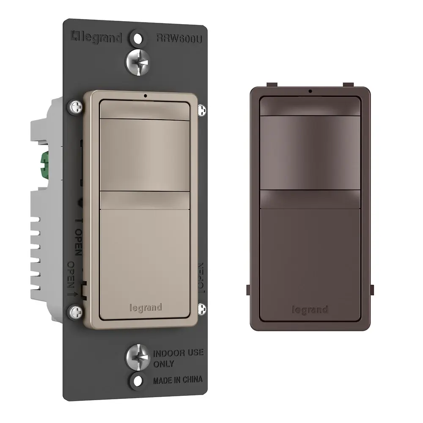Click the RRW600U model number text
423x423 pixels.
click(179, 38)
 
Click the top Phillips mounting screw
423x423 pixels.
click(137, 62)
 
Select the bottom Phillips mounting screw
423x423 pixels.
click(137, 357)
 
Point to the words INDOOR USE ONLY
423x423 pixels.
click(179, 358)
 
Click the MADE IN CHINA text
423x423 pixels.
click(178, 380)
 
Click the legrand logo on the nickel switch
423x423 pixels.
click(146, 308)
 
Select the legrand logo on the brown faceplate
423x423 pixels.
click(310, 310)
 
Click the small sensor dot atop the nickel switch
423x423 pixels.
click(146, 96)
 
